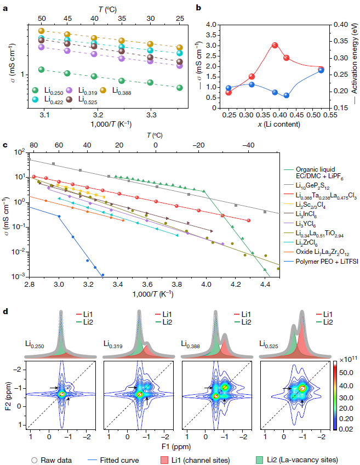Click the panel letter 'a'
point(5,8)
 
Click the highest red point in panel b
point(275,46)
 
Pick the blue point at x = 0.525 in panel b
point(321,70)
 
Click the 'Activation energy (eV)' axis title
point(353,66)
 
